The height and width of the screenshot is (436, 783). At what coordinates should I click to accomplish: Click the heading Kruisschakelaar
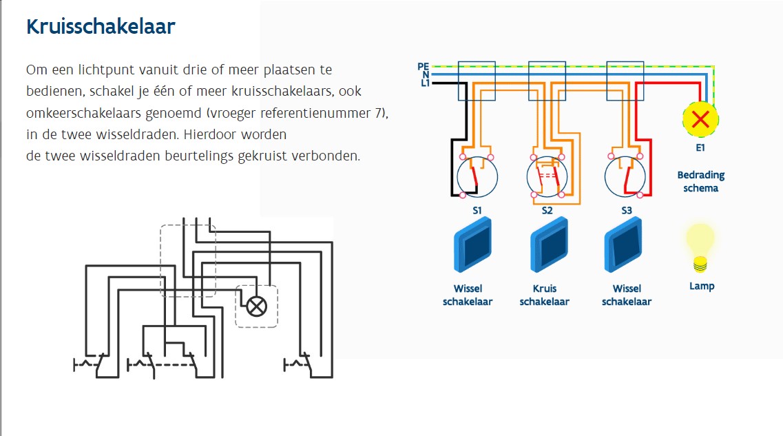click(101, 27)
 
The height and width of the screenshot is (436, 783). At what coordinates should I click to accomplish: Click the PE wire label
click(423, 66)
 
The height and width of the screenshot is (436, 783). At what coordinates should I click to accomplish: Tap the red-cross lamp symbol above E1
click(700, 119)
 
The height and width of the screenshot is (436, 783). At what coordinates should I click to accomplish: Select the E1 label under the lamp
click(700, 147)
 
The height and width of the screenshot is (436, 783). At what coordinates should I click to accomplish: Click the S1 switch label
click(477, 211)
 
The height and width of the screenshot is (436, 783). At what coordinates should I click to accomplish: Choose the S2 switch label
click(547, 211)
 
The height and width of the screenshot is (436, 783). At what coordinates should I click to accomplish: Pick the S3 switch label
click(627, 211)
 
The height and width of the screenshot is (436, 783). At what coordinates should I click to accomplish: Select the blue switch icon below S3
click(626, 244)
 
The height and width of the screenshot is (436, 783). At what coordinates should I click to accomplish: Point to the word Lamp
click(702, 286)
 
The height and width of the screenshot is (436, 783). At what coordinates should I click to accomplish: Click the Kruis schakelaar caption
click(545, 295)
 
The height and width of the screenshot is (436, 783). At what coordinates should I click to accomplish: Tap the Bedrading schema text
click(701, 182)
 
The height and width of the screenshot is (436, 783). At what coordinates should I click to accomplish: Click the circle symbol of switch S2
click(547, 177)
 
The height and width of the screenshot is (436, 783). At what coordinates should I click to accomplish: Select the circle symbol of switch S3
click(625, 177)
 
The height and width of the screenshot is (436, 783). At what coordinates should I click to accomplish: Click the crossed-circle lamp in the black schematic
click(256, 307)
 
